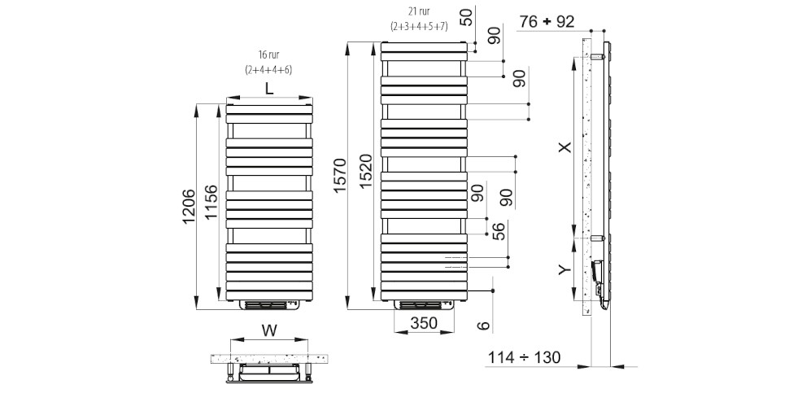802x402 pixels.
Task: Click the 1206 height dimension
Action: pyautogui.click(x=188, y=207)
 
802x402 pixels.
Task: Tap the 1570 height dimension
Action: pyautogui.click(x=341, y=176)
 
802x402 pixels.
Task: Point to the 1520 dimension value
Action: pyautogui.click(x=366, y=171)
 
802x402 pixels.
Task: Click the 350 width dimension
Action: pyautogui.click(x=424, y=323)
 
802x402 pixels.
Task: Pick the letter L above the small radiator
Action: pyautogui.click(x=269, y=89)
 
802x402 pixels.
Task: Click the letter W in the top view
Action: pyautogui.click(x=269, y=331)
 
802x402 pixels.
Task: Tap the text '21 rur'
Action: pyautogui.click(x=419, y=11)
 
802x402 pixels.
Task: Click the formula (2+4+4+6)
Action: pyautogui.click(x=268, y=70)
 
